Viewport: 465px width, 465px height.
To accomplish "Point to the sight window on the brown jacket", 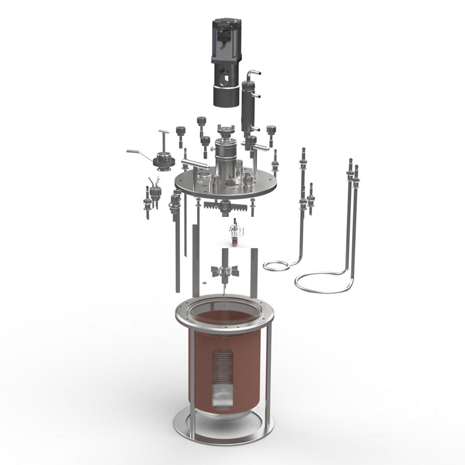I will (x=221, y=378).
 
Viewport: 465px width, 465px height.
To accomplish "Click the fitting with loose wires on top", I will (x=155, y=187).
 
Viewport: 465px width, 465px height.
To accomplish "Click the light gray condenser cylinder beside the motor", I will (x=248, y=108).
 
